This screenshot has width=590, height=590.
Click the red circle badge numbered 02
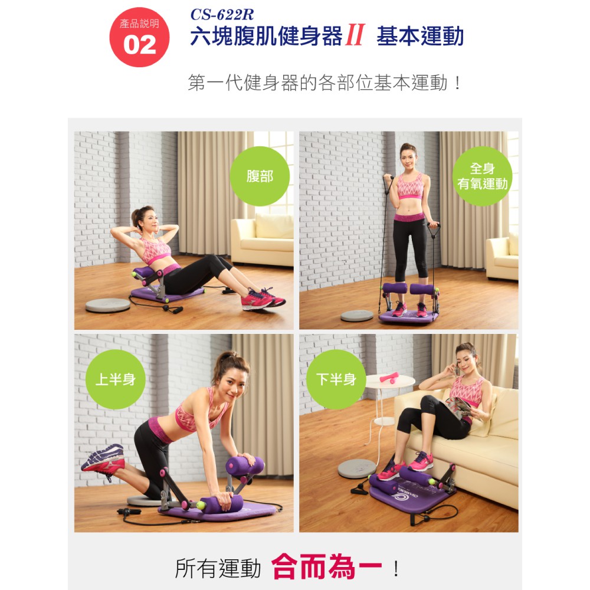tap(139, 37)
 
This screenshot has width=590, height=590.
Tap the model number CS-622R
tap(222, 15)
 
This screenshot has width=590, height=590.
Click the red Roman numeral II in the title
tap(355, 35)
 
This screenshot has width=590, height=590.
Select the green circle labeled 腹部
tap(260, 176)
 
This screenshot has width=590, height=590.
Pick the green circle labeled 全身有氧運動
tap(482, 176)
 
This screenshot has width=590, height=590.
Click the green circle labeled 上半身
tap(116, 379)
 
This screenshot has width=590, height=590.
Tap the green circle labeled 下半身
tap(336, 379)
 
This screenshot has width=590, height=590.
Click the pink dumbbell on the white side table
tap(389, 378)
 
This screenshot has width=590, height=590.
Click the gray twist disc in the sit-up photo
tap(107, 305)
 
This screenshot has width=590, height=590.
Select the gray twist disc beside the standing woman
tap(357, 315)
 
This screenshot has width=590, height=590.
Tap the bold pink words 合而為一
tap(327, 567)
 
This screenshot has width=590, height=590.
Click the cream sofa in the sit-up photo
tap(263, 240)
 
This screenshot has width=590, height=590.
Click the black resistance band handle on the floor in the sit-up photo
tap(173, 309)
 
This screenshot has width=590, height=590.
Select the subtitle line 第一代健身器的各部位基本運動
tap(318, 83)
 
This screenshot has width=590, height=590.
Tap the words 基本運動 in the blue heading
tap(420, 36)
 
